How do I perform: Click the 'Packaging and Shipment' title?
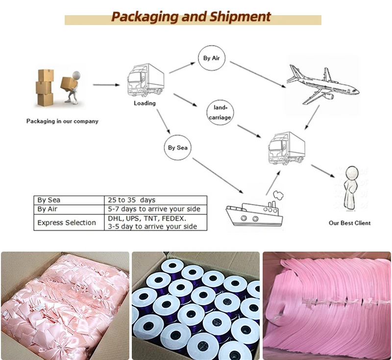pyautogui.click(x=191, y=17)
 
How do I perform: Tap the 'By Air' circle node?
pyautogui.click(x=212, y=58)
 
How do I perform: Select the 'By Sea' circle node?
pyautogui.click(x=178, y=147)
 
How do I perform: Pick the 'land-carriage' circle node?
pyautogui.click(x=220, y=112)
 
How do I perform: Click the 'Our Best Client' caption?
pyautogui.click(x=349, y=223)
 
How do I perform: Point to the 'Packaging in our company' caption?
pyautogui.click(x=62, y=121)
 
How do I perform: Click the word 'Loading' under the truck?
pyautogui.click(x=145, y=103)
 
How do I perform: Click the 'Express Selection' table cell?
pyautogui.click(x=67, y=223)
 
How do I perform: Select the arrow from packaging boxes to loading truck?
pyautogui.click(x=106, y=85)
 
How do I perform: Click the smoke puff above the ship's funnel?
pyautogui.click(x=277, y=193)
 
